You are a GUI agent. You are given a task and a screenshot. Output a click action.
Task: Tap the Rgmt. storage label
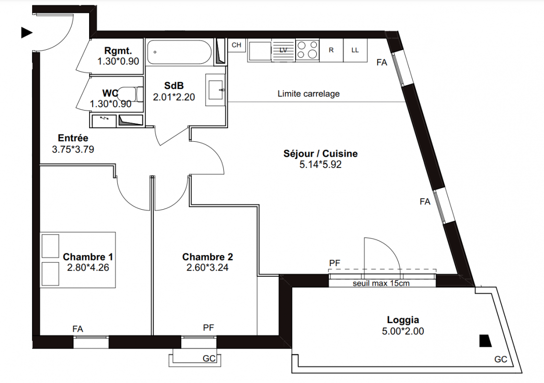click(x=118, y=51)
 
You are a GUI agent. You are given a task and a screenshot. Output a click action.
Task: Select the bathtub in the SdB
click(x=179, y=52)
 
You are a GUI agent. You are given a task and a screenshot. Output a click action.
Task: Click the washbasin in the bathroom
click(x=215, y=90)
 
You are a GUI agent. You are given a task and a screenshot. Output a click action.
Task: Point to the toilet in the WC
click(x=130, y=94)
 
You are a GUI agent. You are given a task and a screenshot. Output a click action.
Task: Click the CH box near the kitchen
click(x=237, y=45)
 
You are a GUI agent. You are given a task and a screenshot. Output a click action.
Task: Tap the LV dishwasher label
click(x=283, y=50)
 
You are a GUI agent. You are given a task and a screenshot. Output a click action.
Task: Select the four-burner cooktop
click(x=307, y=50)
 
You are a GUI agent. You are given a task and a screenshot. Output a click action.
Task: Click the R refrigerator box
click(x=331, y=50)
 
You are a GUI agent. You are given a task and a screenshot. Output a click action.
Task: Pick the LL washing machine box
click(x=355, y=50)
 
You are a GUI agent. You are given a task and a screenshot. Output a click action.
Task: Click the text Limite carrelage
click(x=309, y=93)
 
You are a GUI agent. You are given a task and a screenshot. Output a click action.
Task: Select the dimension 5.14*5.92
click(x=320, y=164)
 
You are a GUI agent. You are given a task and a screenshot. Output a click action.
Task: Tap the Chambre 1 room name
click(x=88, y=257)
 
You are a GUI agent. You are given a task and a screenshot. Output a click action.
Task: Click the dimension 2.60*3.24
click(x=208, y=267)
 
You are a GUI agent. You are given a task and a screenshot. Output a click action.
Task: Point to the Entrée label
click(x=73, y=138)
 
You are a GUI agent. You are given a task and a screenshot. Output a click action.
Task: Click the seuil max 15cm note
click(x=381, y=283)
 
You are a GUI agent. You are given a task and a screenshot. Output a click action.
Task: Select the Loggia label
click(x=403, y=320)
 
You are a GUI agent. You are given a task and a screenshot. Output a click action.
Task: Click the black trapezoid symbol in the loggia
click(x=486, y=341)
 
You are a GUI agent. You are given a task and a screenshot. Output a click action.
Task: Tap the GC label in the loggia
click(x=501, y=360)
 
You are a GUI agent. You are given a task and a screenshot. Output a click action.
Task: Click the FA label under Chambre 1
click(x=78, y=328)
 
